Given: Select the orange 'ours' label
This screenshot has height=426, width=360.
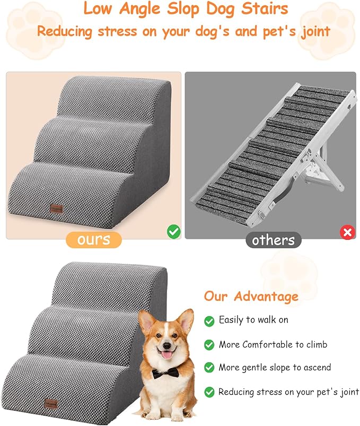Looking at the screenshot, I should click(93, 240).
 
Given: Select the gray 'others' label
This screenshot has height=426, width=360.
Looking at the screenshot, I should click(273, 240).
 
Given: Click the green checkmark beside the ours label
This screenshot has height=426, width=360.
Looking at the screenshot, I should click(173, 231).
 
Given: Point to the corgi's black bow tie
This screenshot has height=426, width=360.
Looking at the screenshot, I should click(165, 373).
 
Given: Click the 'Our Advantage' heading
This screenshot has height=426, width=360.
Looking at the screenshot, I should click(251, 296).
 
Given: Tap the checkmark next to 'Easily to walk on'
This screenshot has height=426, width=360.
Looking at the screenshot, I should click(209, 321).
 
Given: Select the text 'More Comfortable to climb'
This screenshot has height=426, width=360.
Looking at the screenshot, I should click(273, 344).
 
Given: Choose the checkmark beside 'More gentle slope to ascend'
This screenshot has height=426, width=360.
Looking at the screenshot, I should click(209, 368).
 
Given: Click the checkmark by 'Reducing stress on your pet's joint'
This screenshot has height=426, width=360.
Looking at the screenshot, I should click(209, 392).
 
